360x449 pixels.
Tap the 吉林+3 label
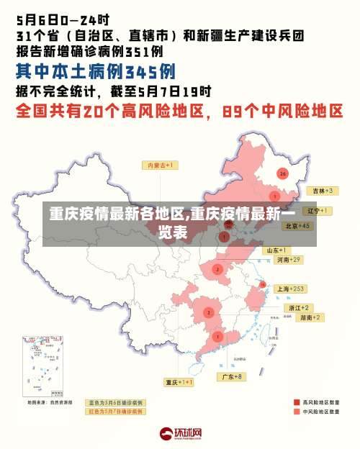pyautogui.click(x=321, y=191)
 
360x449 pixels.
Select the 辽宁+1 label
pyautogui.click(x=318, y=211)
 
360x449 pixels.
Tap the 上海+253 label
pyautogui.click(x=292, y=289)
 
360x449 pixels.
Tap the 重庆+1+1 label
pyautogui.click(x=179, y=382)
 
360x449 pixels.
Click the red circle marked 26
pyautogui.click(x=283, y=173)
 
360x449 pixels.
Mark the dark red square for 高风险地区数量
pyautogui.click(x=297, y=402)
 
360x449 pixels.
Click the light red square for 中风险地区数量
pyautogui.click(x=297, y=412)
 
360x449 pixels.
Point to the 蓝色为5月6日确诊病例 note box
pyautogui.click(x=116, y=402)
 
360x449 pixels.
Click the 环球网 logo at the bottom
pyautogui.click(x=180, y=434)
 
